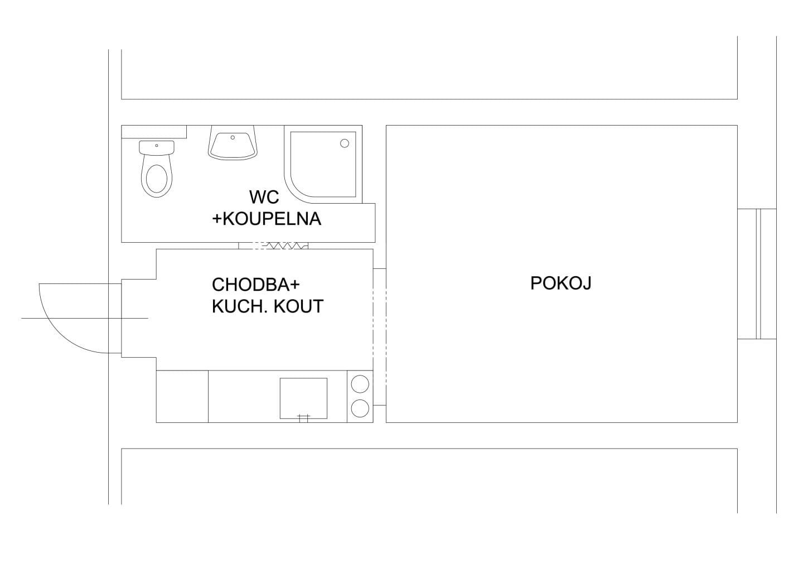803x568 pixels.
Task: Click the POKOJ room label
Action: pos(560,283)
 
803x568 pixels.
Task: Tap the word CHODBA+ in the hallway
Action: pos(255,285)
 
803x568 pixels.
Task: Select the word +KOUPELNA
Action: pos(267,219)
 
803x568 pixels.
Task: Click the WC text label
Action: pos(264,197)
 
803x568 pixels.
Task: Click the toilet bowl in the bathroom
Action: pos(157,177)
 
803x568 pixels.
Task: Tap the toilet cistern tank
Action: pos(157,148)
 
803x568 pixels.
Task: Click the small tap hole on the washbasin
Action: pos(233,137)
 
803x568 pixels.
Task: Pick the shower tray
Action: pos(323,165)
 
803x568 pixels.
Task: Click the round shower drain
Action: pos(345,143)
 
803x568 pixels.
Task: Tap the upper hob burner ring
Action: pos(360,384)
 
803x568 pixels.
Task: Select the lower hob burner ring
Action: pos(360,408)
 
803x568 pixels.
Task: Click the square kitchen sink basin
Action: pos(303,398)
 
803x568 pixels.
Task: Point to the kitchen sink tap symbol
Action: pos(303,418)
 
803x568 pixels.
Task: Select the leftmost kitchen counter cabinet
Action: pos(182,397)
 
